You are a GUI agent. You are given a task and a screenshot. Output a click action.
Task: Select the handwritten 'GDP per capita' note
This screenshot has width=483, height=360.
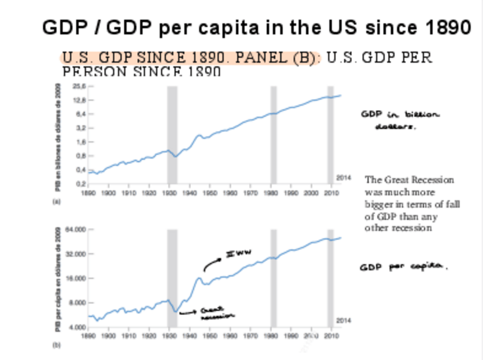tap(403, 267)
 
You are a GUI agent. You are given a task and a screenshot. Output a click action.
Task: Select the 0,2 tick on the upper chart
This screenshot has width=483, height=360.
tap(80, 183)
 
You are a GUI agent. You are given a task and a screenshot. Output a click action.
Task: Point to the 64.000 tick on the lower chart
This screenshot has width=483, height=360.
tap(76, 230)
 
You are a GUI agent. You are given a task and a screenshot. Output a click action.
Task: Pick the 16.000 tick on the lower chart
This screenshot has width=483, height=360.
tap(76, 279)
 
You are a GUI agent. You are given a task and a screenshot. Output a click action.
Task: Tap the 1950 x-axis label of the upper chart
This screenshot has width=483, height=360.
tap(210, 193)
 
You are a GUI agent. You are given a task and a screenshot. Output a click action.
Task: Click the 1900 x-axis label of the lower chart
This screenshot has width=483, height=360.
tap(109, 336)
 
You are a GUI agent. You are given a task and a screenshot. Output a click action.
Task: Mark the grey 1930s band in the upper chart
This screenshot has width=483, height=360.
tap(172, 134)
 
